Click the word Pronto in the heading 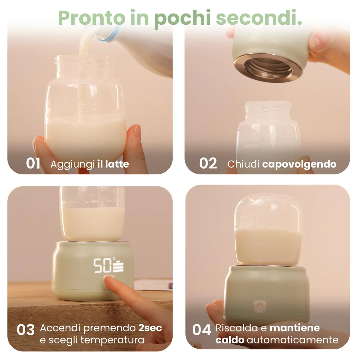pos(91,17)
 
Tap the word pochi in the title pos(182,19)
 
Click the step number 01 pos(33,163)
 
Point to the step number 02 pos(208,163)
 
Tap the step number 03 pos(26,330)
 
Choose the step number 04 pos(202,330)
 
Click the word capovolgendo pos(299,165)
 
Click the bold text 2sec pos(150,328)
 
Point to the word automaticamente pos(292,340)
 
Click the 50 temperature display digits pos(102,265)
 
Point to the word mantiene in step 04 pos(295,328)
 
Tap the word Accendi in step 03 pos(60,328)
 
